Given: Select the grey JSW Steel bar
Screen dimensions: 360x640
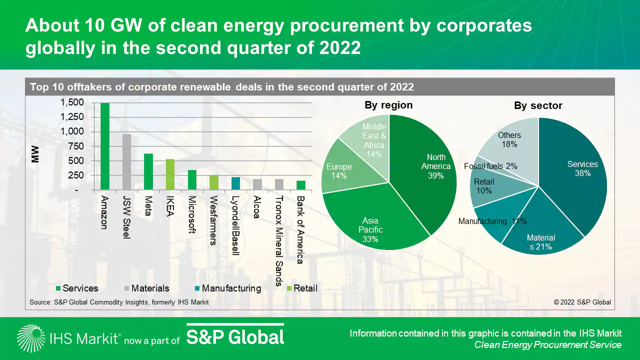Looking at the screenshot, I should (x=126, y=162).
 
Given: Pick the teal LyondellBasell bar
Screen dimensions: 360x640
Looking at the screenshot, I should (x=235, y=183).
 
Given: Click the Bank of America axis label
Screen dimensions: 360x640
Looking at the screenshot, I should (x=300, y=229).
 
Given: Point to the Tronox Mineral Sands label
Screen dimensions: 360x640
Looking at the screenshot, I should (x=279, y=240).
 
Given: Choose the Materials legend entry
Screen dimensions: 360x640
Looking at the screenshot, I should (x=146, y=288).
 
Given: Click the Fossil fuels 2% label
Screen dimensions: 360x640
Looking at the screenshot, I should (x=490, y=166).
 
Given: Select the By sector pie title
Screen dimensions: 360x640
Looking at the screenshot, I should (x=538, y=106).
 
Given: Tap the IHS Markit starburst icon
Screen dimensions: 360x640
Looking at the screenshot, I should (x=30, y=338).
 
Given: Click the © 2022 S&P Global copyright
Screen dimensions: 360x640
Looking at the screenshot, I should (x=582, y=302).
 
